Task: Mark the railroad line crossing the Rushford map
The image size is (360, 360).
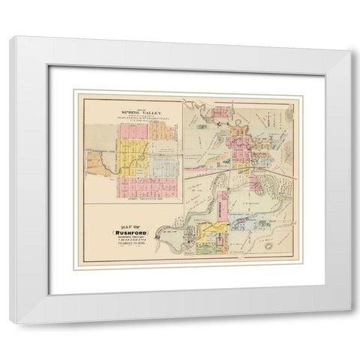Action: tap(225, 172)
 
